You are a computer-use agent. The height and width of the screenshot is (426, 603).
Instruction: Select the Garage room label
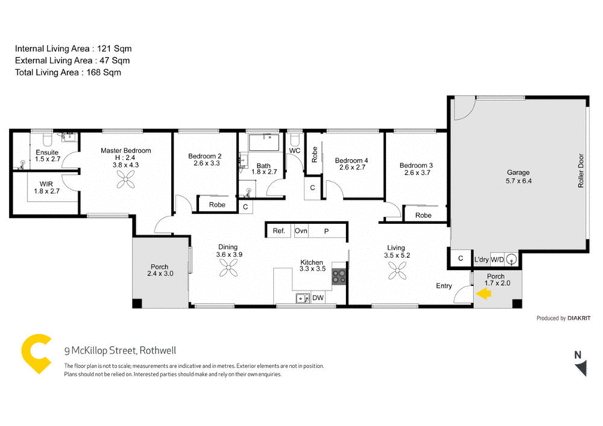pos(517,173)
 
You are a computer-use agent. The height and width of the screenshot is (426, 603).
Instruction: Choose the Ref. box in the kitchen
pos(278,231)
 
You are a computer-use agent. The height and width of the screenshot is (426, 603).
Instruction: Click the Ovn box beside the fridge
pos(301,231)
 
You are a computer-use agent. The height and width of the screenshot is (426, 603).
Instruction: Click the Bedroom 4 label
pos(351,160)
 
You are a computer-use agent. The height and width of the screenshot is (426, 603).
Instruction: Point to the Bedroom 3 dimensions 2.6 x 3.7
pos(415,173)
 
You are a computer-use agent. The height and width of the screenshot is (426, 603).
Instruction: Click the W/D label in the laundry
pos(497,259)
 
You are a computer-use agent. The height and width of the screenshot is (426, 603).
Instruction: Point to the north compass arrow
pos(580,367)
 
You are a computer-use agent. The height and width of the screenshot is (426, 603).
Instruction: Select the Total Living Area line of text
pos(68,72)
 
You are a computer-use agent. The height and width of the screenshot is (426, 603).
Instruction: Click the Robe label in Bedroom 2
pos(217,204)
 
